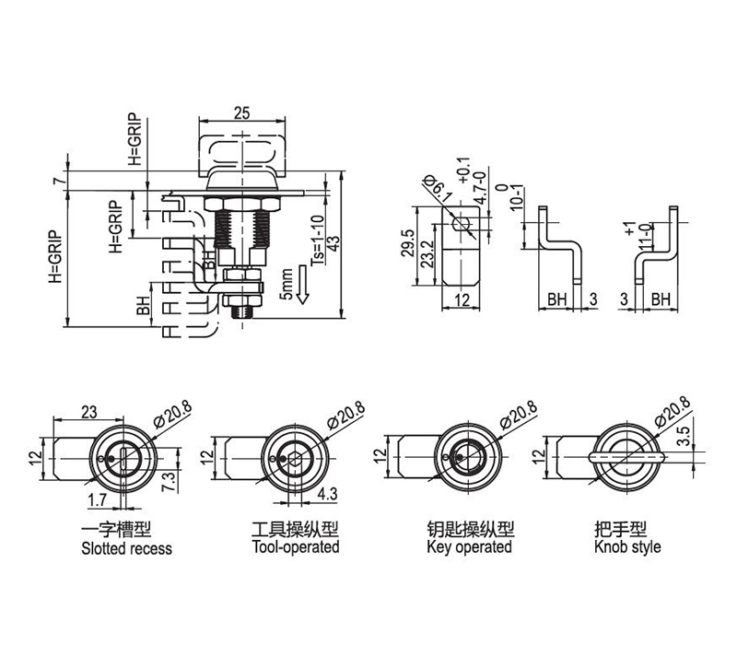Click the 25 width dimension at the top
point(241,113)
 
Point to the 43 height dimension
point(333,243)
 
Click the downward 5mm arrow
point(303,284)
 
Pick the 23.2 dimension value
point(427,254)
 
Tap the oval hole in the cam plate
point(462,223)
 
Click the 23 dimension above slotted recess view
point(88,412)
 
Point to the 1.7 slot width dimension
point(98,500)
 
